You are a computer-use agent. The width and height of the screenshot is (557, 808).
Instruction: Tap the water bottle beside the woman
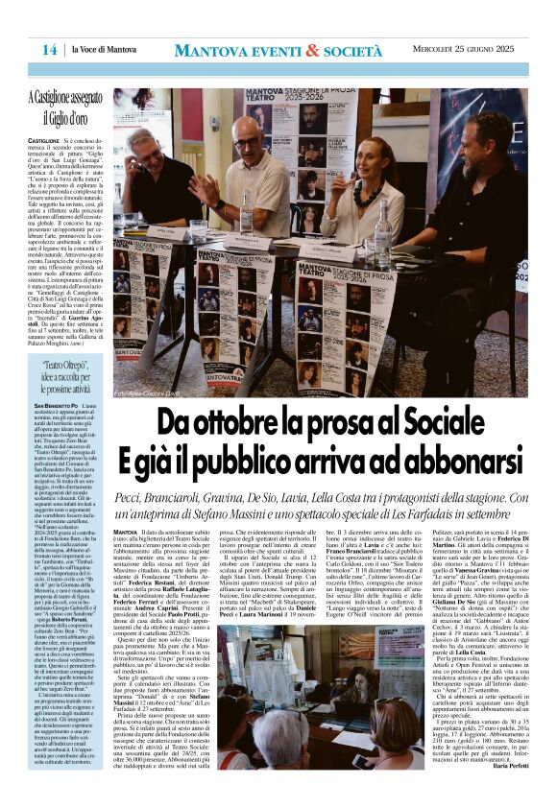pyautogui.click(x=384, y=234)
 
